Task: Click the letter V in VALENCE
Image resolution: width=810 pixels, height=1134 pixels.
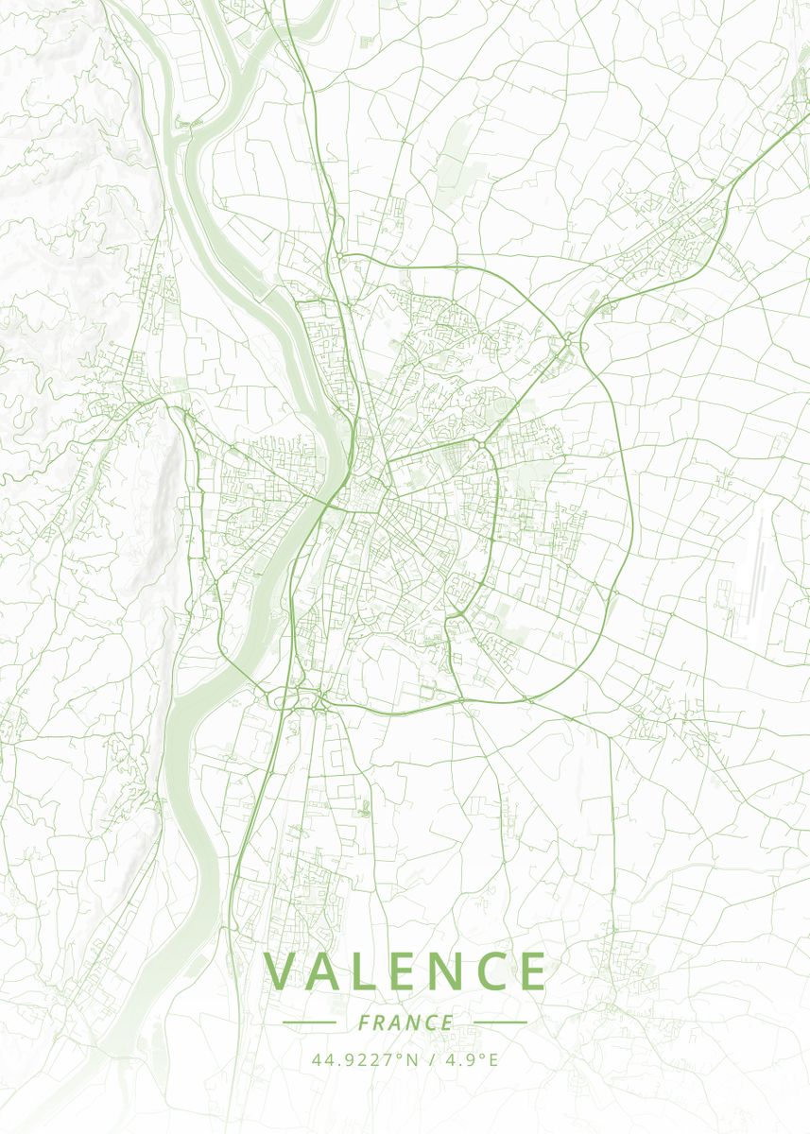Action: [x=282, y=971]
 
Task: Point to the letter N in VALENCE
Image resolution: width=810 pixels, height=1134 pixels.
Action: [x=444, y=971]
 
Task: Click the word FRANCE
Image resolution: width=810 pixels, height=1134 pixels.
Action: [x=405, y=1022]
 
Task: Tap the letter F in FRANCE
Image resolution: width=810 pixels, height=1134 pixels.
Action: [x=364, y=1022]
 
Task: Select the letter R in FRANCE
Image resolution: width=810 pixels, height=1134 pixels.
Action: [x=379, y=1022]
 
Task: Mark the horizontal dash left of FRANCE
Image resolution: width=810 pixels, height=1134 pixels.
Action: [x=309, y=1022]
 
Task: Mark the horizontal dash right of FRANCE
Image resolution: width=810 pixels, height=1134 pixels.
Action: [x=500, y=1022]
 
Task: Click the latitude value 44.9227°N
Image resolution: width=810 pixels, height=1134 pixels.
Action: [x=363, y=1059]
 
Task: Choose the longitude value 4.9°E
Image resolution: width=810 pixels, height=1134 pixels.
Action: [x=470, y=1059]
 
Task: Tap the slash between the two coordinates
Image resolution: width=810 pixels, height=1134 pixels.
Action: [x=432, y=1059]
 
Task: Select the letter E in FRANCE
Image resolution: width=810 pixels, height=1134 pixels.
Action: [x=447, y=1022]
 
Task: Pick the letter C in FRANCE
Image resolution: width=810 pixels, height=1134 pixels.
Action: [x=430, y=1022]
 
